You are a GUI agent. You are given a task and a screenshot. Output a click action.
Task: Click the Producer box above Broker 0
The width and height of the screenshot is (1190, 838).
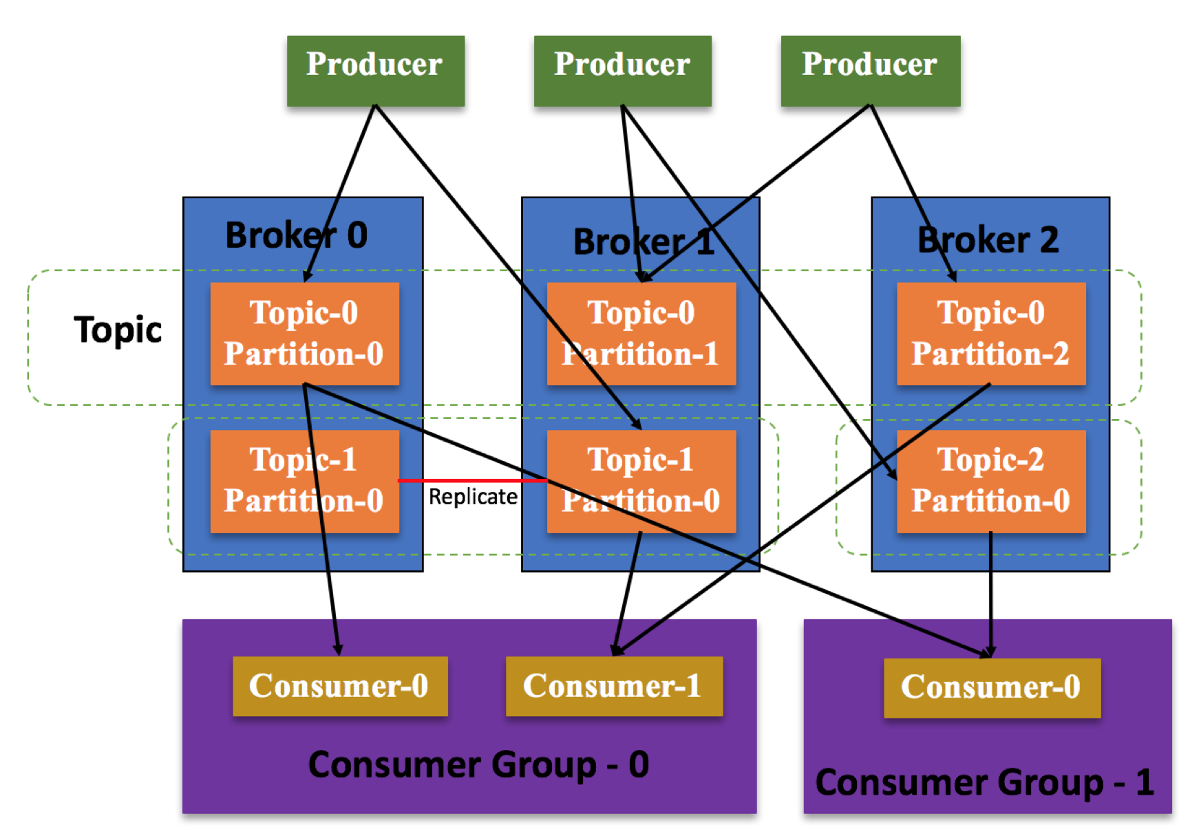tap(375, 70)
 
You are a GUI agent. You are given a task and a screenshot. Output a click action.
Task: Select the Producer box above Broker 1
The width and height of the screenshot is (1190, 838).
tap(622, 70)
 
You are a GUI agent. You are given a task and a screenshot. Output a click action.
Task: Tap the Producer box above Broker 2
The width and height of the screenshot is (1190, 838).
tap(870, 70)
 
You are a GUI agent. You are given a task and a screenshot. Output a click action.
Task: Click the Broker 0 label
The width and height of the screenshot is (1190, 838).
tap(296, 235)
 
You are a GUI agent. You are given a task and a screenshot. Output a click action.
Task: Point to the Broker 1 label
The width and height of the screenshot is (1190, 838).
tap(644, 242)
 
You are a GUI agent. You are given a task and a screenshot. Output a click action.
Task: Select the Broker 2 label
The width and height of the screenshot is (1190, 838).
tap(988, 240)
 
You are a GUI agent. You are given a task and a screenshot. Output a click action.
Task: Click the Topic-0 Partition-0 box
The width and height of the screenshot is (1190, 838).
tap(304, 334)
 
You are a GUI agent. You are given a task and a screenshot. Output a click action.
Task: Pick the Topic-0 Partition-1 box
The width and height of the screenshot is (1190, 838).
tap(641, 334)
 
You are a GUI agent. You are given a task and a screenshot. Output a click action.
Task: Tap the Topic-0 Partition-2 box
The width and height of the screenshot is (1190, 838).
tap(990, 334)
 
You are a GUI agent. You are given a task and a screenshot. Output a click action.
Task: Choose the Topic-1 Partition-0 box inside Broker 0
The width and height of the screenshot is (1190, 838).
tap(304, 481)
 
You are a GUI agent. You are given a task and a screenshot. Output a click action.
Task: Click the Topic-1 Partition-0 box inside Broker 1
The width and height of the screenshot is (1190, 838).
tap(641, 481)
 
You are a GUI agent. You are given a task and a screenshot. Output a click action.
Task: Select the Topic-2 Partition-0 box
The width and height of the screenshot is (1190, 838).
tap(990, 481)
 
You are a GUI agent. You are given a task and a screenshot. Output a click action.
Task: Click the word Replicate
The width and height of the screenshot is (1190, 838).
tap(473, 497)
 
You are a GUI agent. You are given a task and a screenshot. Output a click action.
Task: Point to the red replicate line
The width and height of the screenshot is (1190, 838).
tap(473, 480)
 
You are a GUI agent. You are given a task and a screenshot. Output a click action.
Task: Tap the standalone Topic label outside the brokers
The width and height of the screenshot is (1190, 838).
tap(118, 330)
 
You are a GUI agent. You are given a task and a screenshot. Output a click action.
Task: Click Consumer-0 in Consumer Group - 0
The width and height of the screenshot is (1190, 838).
tap(339, 686)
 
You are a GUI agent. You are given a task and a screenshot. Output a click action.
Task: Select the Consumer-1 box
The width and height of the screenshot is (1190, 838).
tap(613, 686)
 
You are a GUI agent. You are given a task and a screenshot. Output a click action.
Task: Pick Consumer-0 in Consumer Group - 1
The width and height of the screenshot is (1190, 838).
tap(991, 687)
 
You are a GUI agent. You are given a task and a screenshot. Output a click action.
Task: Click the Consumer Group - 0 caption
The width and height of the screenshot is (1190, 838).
tap(478, 764)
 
